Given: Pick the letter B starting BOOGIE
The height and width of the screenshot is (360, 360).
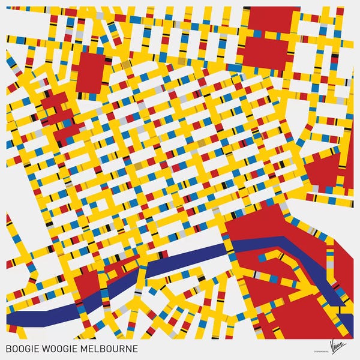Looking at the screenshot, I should point(7,349).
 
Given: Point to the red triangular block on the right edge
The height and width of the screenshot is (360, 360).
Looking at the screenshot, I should point(327,168).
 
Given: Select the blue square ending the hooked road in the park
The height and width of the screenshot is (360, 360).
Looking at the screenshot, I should point(262,259).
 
